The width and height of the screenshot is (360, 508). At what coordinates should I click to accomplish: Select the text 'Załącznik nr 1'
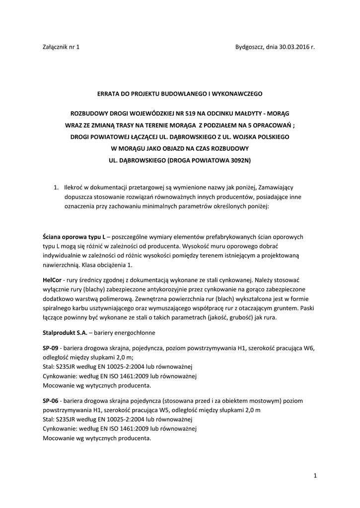[61, 47]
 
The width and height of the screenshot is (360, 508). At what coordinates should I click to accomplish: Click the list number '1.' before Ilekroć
[57, 188]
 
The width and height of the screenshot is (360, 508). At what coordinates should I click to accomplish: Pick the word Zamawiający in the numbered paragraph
[276, 188]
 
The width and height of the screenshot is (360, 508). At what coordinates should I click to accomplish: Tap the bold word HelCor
[52, 280]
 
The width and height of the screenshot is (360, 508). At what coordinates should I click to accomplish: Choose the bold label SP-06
[51, 400]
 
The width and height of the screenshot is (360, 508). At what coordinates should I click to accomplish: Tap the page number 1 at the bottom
[315, 476]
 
